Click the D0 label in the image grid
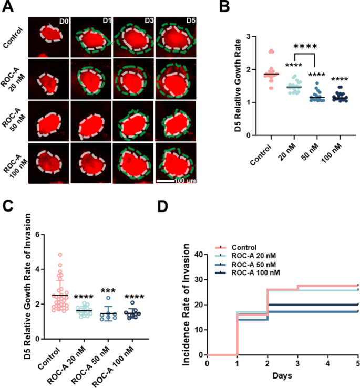pyautogui.click(x=64, y=22)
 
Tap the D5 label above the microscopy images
pyautogui.click(x=191, y=20)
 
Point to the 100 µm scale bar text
pyautogui.click(x=185, y=181)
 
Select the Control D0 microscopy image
pyautogui.click(x=48, y=37)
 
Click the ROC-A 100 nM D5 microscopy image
pyautogui.click(x=176, y=163)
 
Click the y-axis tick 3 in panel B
pyautogui.click(x=248, y=36)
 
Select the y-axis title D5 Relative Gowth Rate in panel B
pyautogui.click(x=238, y=86)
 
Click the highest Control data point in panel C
pyautogui.click(x=60, y=255)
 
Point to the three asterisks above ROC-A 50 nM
pyautogui.click(x=108, y=291)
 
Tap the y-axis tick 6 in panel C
pyautogui.click(x=38, y=234)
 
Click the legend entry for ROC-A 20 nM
pyautogui.click(x=254, y=256)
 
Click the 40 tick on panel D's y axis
pyautogui.click(x=199, y=254)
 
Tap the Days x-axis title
pyautogui.click(x=282, y=375)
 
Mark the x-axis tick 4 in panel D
pyautogui.click(x=328, y=363)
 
